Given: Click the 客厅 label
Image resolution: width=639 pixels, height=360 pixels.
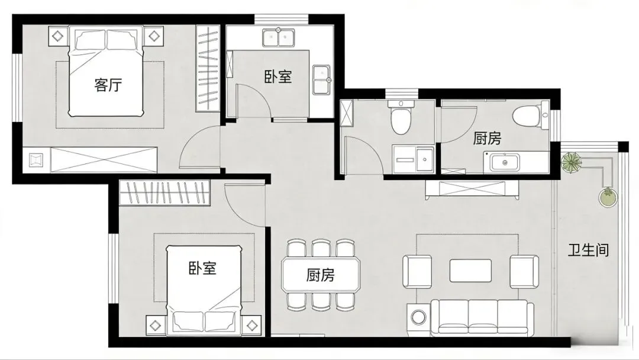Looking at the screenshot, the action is [x=108, y=85].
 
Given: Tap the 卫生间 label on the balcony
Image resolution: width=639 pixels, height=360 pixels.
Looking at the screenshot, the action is [x=589, y=250].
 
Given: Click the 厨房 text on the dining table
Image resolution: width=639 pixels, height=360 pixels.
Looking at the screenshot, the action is [x=320, y=275].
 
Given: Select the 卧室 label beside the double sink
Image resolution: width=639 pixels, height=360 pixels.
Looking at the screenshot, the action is [x=278, y=76].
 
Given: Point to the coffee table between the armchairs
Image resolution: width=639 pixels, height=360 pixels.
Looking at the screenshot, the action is [x=470, y=271].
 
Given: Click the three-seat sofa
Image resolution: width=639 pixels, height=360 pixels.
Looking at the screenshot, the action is [x=482, y=317].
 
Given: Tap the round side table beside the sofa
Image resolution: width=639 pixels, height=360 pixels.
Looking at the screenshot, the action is [x=418, y=316].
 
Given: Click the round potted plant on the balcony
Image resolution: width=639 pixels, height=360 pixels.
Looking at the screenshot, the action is [x=608, y=197].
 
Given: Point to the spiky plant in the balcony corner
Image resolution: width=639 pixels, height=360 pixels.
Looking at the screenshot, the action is [x=572, y=162].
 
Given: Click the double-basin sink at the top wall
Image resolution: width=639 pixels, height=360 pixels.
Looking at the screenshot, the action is [x=279, y=37].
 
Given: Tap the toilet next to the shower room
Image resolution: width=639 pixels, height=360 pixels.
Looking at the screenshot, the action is [x=401, y=118].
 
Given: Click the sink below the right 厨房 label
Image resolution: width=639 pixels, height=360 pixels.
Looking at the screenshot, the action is [x=505, y=162].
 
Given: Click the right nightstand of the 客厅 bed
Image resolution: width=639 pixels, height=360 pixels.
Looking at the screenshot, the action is [x=154, y=36].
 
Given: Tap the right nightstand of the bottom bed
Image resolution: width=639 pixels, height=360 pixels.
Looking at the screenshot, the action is [x=253, y=325].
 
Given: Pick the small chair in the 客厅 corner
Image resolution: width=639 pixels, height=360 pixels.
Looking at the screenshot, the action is [x=36, y=160].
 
